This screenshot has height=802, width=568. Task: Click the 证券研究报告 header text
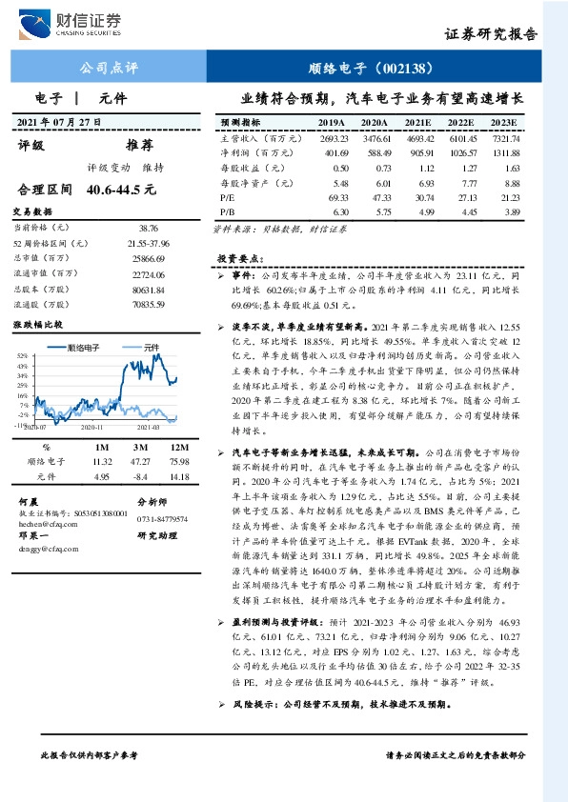(x=491, y=33)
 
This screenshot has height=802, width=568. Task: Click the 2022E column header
(x=460, y=124)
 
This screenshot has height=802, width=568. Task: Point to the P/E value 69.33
(x=337, y=195)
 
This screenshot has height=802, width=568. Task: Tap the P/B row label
(x=228, y=210)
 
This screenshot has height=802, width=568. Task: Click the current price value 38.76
(x=149, y=229)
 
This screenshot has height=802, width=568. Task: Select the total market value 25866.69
(x=149, y=259)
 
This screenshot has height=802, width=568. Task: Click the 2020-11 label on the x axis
(x=93, y=431)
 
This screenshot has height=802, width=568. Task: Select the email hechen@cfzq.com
(x=47, y=522)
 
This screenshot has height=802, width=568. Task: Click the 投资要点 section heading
(x=233, y=258)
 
